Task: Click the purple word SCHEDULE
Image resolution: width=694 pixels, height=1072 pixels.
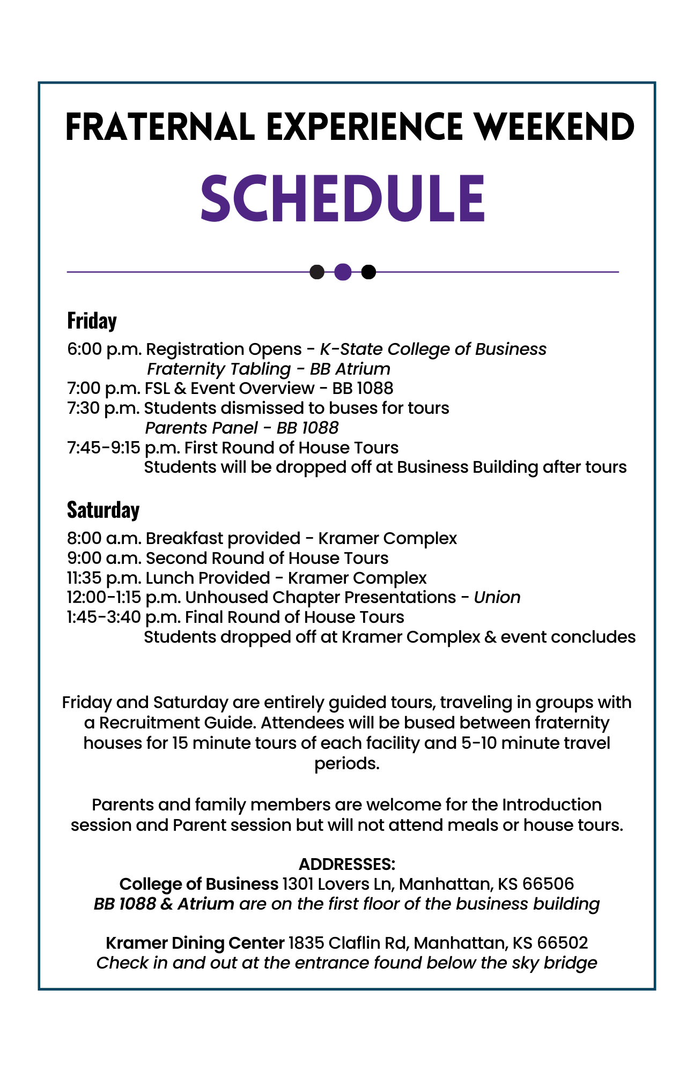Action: (x=343, y=198)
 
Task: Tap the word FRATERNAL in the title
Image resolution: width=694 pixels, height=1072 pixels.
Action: (x=159, y=128)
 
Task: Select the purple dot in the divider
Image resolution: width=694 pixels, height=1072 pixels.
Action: (x=343, y=272)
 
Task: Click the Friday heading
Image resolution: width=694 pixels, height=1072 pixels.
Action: (x=92, y=321)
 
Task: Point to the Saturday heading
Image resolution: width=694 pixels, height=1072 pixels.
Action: (x=103, y=510)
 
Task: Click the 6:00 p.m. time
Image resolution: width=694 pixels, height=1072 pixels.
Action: (x=104, y=349)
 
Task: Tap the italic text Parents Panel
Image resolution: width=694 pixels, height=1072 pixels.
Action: (x=201, y=428)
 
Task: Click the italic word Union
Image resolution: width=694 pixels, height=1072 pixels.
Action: (x=497, y=597)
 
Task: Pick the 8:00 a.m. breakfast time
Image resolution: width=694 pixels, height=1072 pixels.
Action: (x=104, y=538)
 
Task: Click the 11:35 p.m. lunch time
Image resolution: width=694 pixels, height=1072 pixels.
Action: (x=104, y=578)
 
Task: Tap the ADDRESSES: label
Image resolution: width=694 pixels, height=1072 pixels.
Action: (x=346, y=864)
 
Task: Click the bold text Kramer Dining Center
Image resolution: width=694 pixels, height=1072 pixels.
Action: (x=195, y=943)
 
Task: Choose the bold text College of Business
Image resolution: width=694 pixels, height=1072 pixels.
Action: (x=198, y=884)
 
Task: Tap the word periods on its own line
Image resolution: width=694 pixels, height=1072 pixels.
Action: (x=346, y=763)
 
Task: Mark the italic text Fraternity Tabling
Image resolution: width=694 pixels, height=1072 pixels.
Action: (x=219, y=369)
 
